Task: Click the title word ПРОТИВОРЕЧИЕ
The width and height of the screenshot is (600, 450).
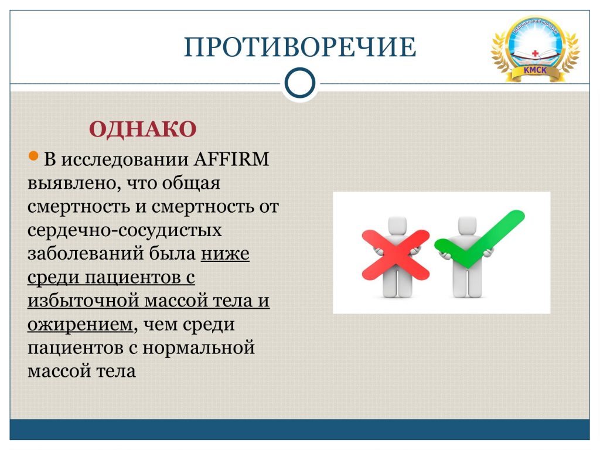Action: (300, 47)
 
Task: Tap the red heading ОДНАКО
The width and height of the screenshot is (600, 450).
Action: (143, 128)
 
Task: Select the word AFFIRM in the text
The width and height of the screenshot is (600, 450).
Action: (231, 159)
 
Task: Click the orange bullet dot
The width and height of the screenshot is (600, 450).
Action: (33, 156)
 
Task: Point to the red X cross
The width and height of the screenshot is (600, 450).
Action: (396, 254)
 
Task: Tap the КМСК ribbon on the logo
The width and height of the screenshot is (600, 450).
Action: (535, 70)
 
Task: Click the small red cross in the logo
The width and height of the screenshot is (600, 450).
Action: (536, 53)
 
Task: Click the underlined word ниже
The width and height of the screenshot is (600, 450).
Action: (225, 253)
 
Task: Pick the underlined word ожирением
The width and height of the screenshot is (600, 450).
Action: (80, 325)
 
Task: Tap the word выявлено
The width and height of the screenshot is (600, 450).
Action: (71, 183)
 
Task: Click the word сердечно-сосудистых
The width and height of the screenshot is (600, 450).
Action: (125, 230)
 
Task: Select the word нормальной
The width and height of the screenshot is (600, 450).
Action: (199, 348)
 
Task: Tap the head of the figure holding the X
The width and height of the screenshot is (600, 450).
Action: (397, 224)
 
